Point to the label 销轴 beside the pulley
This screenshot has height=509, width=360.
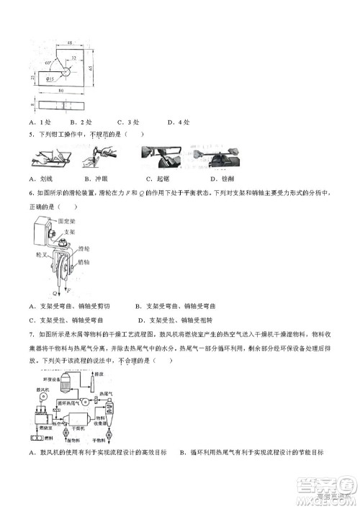(84, 263)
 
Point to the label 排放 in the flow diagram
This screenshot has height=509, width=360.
(98, 374)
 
